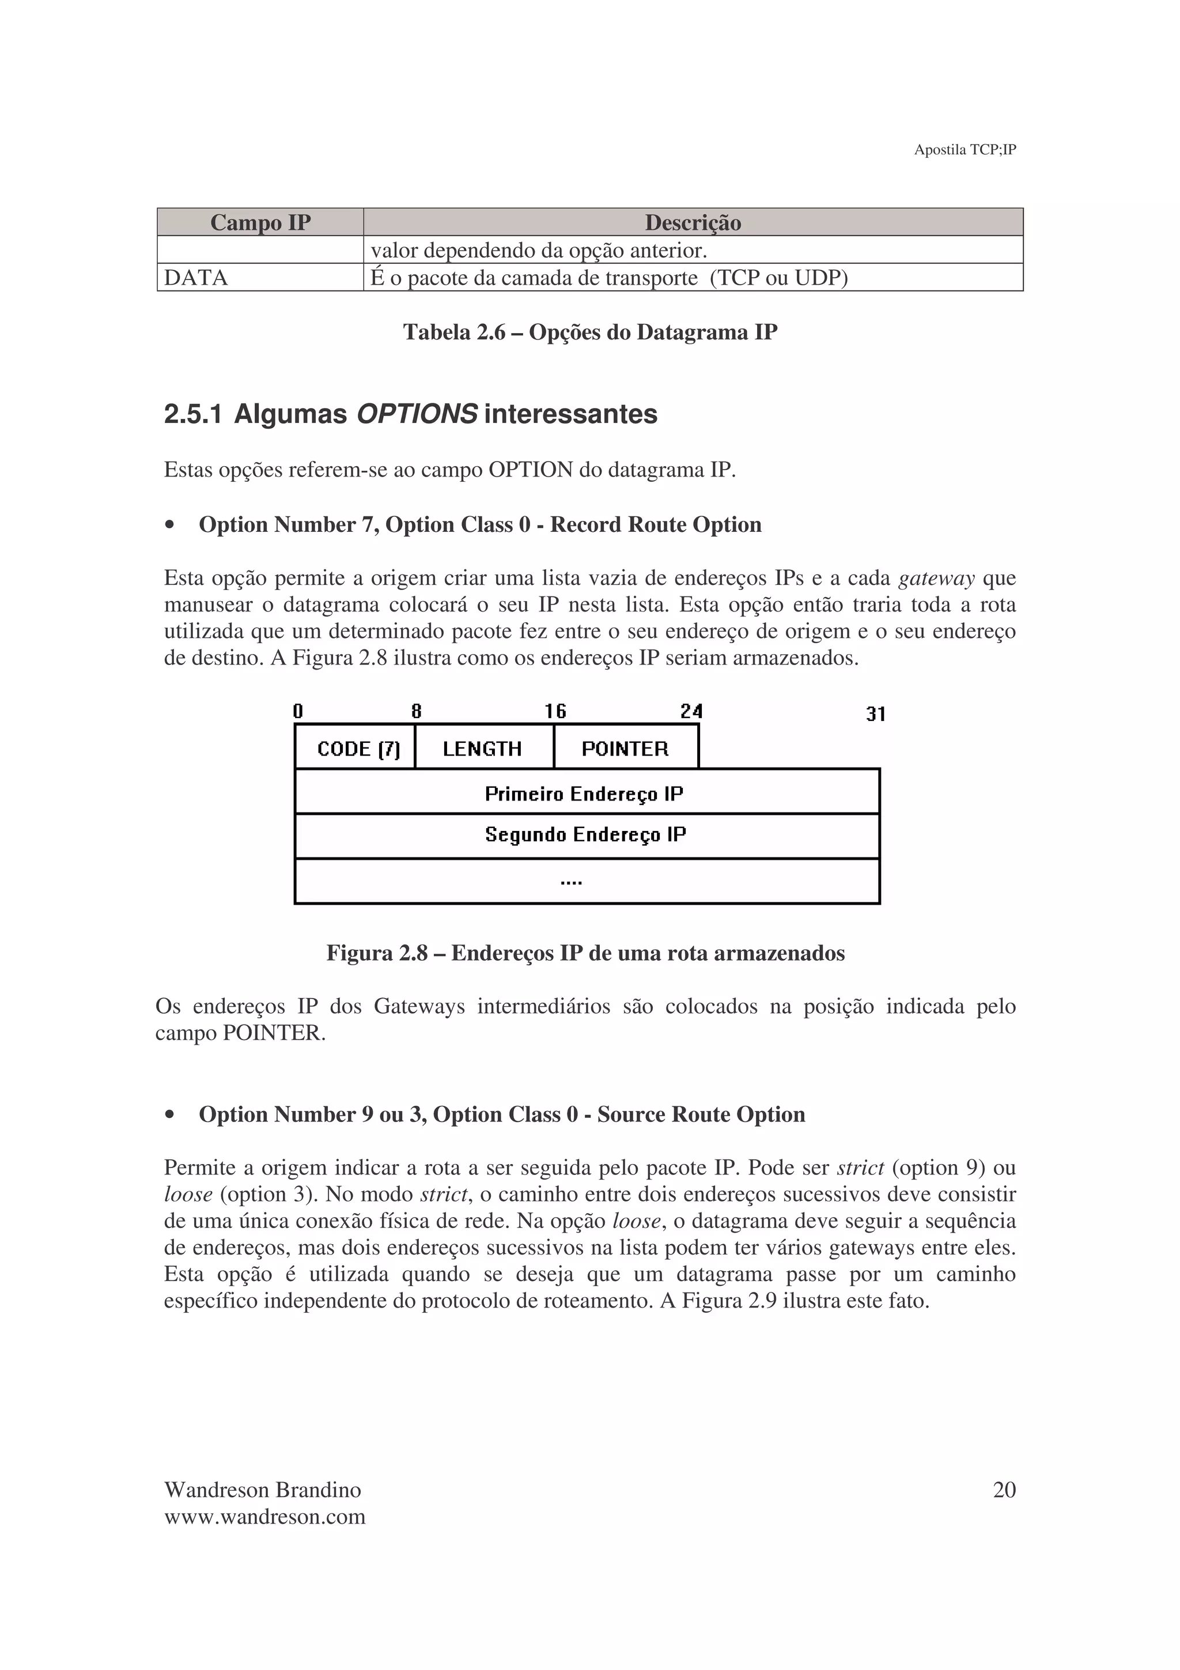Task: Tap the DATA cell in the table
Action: tap(196, 278)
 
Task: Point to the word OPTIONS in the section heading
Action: tap(416, 414)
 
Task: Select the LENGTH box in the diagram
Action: tap(482, 749)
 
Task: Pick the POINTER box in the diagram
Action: tap(625, 749)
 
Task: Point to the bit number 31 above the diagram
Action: tap(875, 714)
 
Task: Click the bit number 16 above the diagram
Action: tap(555, 711)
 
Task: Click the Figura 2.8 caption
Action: tap(585, 953)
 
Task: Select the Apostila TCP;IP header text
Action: tap(964, 150)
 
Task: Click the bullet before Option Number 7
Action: tap(170, 525)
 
